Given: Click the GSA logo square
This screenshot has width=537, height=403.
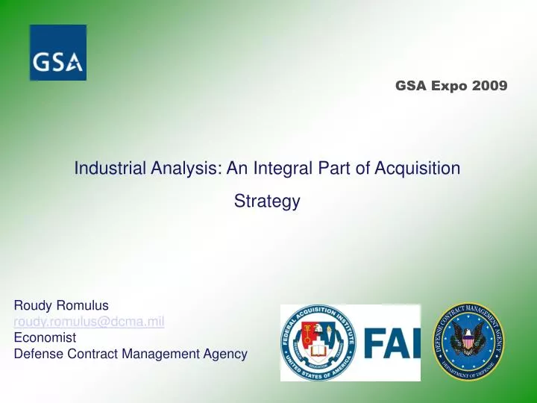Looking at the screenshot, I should [58, 52].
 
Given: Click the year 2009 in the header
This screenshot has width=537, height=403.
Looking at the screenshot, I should [489, 86].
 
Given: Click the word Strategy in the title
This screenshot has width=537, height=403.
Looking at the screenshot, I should [267, 201].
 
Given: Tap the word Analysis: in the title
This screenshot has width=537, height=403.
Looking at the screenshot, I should [183, 169].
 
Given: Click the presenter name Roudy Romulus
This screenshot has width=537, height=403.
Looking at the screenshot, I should [62, 305].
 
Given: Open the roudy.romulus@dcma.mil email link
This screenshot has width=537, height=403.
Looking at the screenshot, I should [89, 322].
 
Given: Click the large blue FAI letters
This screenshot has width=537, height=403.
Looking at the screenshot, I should [391, 344].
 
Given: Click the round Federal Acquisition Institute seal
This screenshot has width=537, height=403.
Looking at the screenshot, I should [319, 343].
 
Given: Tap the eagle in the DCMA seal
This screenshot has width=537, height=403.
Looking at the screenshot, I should [469, 341].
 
